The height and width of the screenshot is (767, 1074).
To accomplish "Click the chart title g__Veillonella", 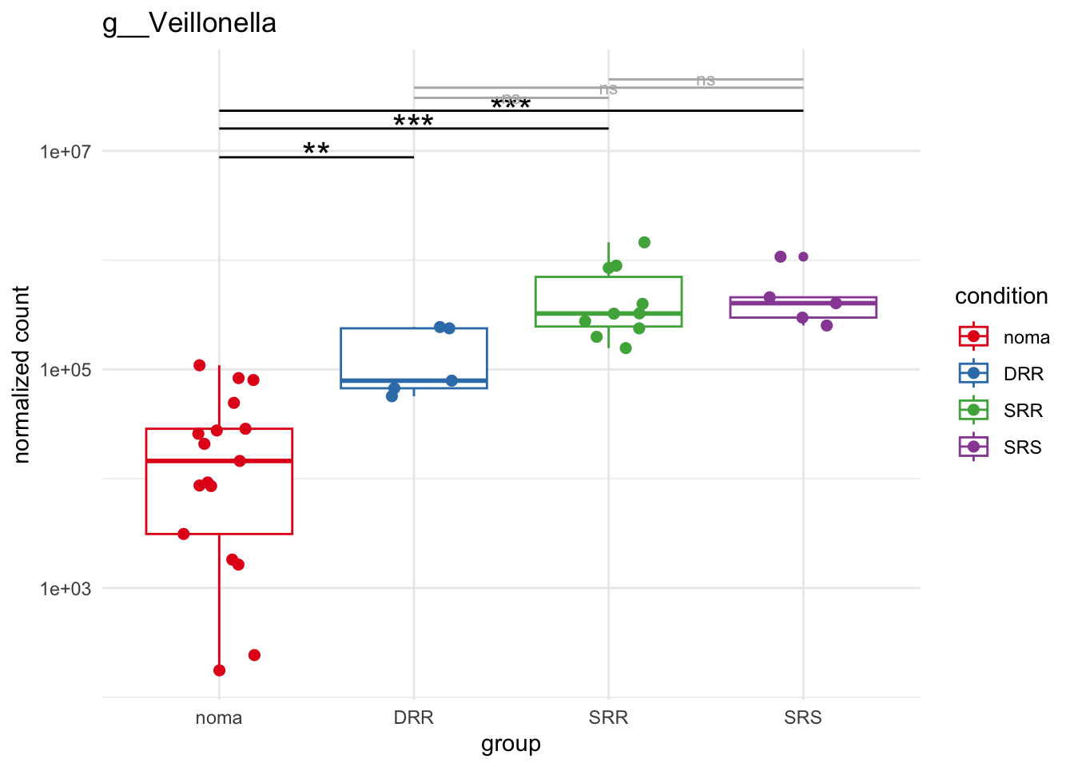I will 189,23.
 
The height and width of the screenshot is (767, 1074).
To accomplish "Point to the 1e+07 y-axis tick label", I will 66,152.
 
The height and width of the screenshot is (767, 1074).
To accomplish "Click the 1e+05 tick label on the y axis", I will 66,370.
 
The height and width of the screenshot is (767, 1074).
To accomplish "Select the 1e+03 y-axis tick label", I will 66,589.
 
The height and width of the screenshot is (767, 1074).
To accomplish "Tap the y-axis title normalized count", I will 22,374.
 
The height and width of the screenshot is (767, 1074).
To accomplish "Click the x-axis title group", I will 511,744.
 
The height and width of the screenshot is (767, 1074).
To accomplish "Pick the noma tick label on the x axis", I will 219,717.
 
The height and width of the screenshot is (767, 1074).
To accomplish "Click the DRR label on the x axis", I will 414,717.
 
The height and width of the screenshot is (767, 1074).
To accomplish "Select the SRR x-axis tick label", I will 608,717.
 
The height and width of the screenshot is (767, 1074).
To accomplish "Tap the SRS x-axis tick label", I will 803,717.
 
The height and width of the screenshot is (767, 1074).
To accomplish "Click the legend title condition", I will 1001,296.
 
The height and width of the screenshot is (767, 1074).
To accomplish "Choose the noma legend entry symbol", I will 973,336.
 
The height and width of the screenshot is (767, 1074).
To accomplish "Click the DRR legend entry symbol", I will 973,373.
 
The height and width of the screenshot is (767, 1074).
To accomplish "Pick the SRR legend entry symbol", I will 973,410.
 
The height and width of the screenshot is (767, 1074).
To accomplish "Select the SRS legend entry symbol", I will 973,447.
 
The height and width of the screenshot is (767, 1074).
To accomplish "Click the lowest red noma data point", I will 220,670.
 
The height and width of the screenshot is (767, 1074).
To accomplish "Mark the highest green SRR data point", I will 644,242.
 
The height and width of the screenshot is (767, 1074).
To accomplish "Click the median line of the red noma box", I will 219,461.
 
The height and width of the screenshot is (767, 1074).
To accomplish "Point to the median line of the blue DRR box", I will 414,380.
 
